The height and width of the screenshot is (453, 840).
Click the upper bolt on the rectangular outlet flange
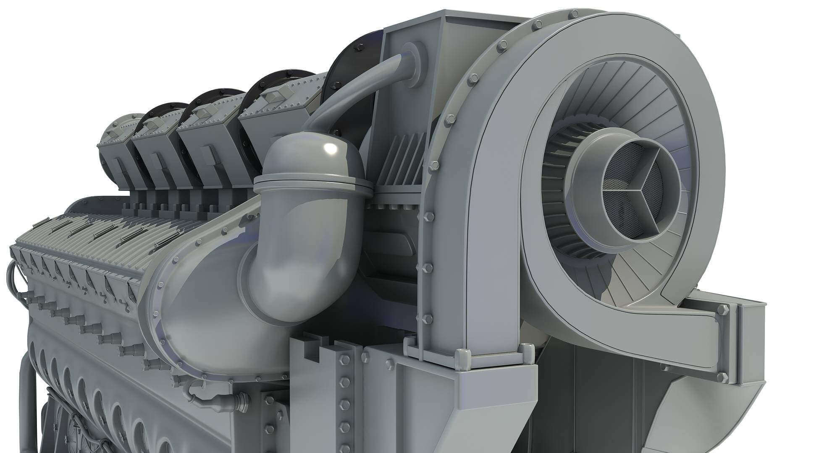coord(723,310)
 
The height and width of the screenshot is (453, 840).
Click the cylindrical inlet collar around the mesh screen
coord(588,176)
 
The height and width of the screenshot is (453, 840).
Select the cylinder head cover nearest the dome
coord(277,113)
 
